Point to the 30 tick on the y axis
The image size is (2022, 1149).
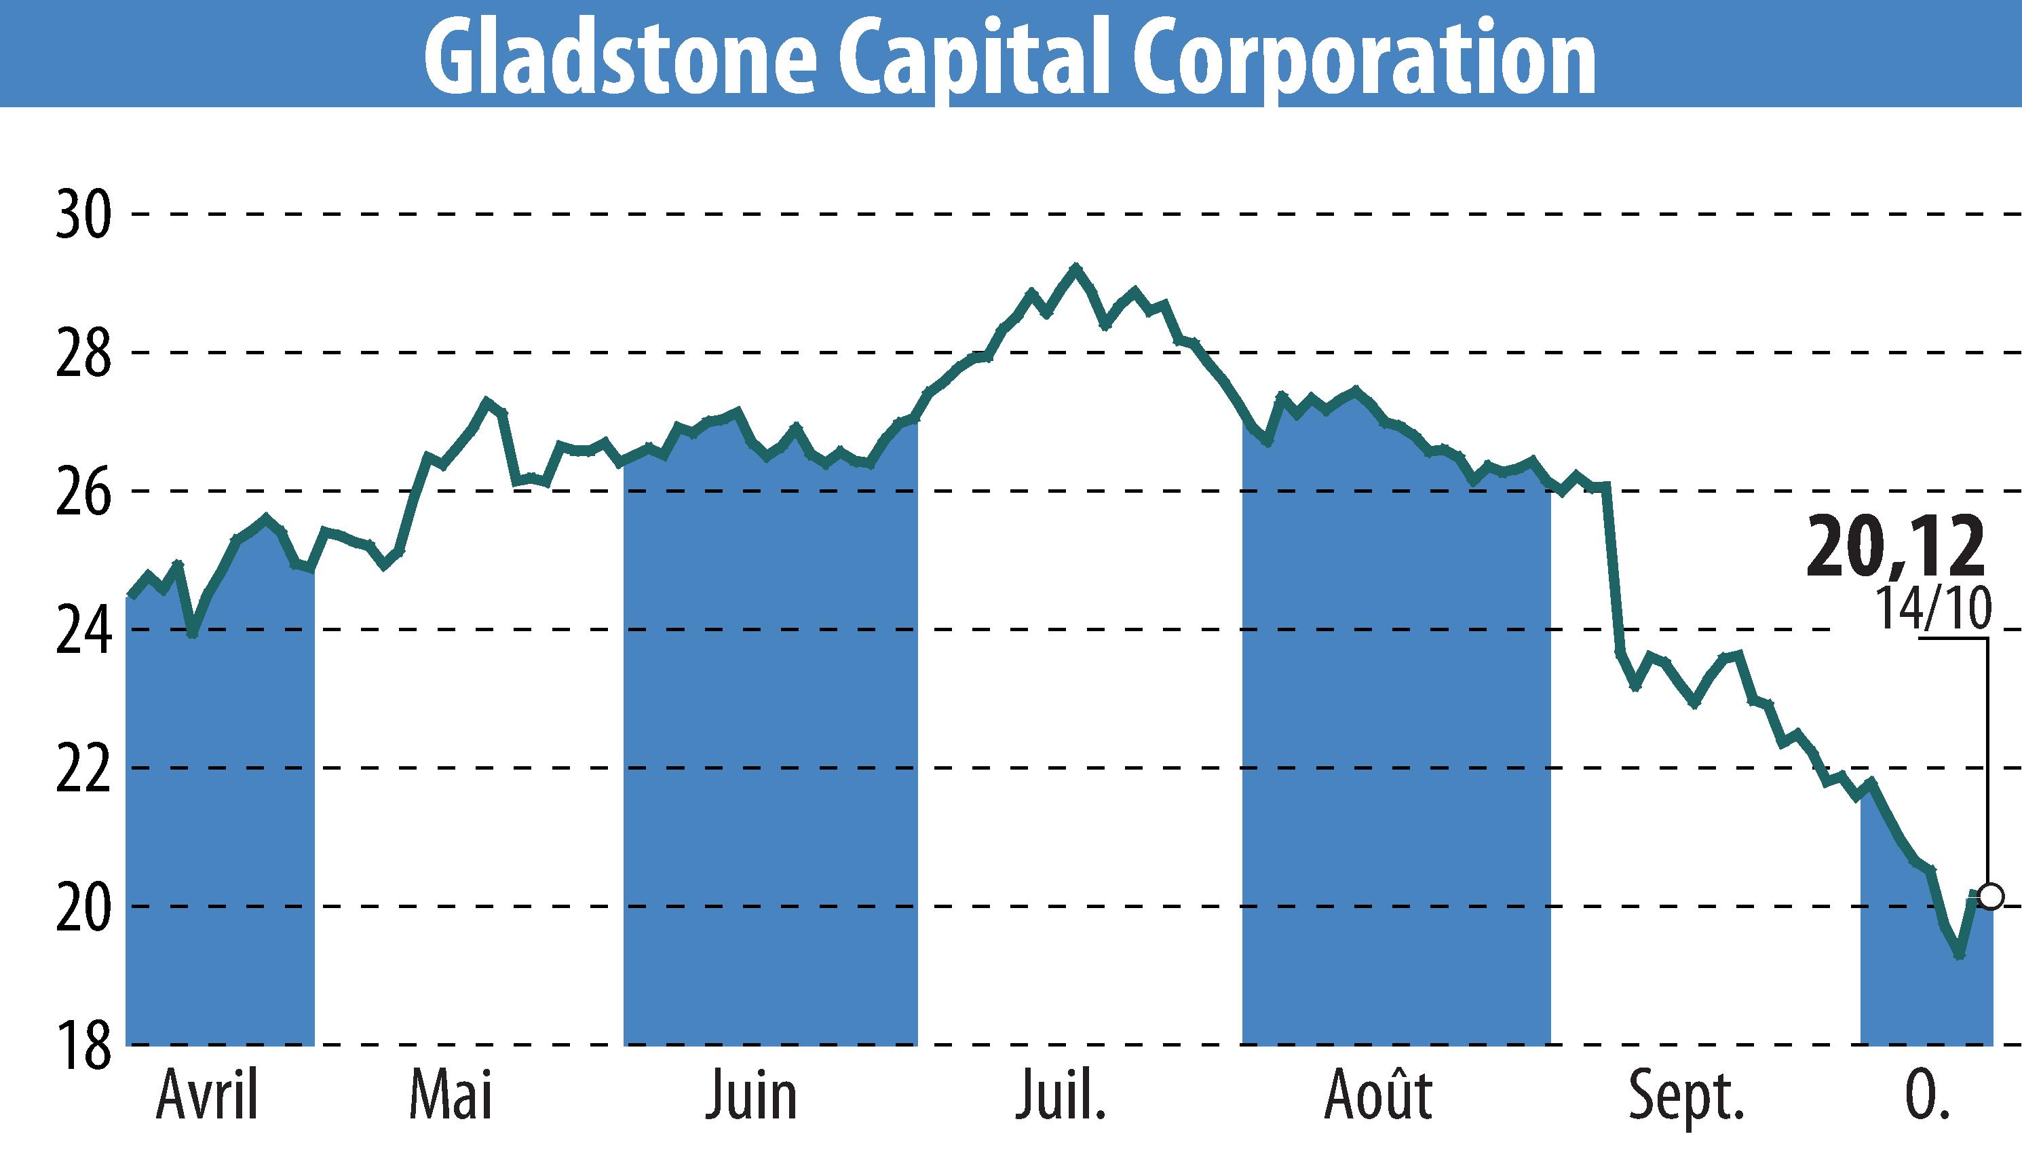82,214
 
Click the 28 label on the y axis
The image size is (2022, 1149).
82,354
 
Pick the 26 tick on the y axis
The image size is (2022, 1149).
82,491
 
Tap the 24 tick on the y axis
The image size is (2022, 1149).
82,630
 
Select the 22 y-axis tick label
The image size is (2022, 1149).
82,768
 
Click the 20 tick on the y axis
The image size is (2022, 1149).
82,906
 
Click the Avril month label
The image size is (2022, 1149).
208,1097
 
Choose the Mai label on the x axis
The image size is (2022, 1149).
451,1097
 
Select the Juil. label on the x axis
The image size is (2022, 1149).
1060,1097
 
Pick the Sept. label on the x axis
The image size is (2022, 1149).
1686,1097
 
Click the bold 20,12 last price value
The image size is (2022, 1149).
1894,547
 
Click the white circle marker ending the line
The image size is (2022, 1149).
1989,897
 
